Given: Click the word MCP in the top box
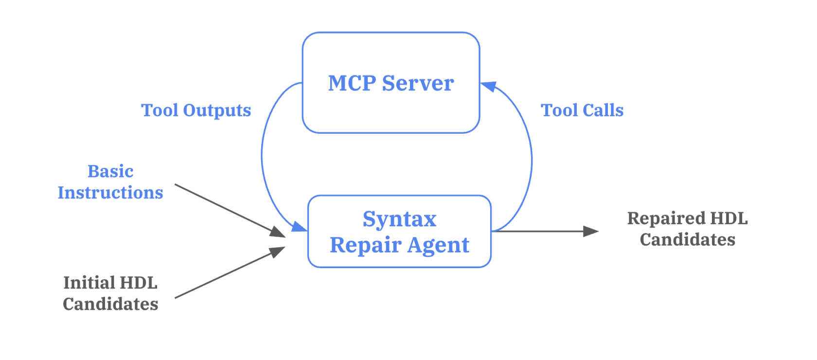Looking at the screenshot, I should click(x=352, y=83).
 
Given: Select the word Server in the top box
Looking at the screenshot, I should click(x=418, y=83).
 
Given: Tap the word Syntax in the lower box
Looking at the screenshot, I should click(x=399, y=219).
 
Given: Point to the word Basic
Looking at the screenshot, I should click(x=110, y=171).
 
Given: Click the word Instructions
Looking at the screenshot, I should click(x=110, y=193).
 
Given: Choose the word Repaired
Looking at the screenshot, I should click(x=666, y=218).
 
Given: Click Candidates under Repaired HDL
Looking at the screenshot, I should click(x=687, y=239).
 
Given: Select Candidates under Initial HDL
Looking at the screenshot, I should click(x=110, y=304).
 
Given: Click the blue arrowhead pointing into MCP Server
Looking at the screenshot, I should click(x=488, y=86).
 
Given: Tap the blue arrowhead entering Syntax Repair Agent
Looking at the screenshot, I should click(x=299, y=227).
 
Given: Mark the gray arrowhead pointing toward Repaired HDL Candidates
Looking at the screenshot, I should click(x=590, y=231).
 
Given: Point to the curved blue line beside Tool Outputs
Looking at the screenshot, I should click(x=262, y=156).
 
